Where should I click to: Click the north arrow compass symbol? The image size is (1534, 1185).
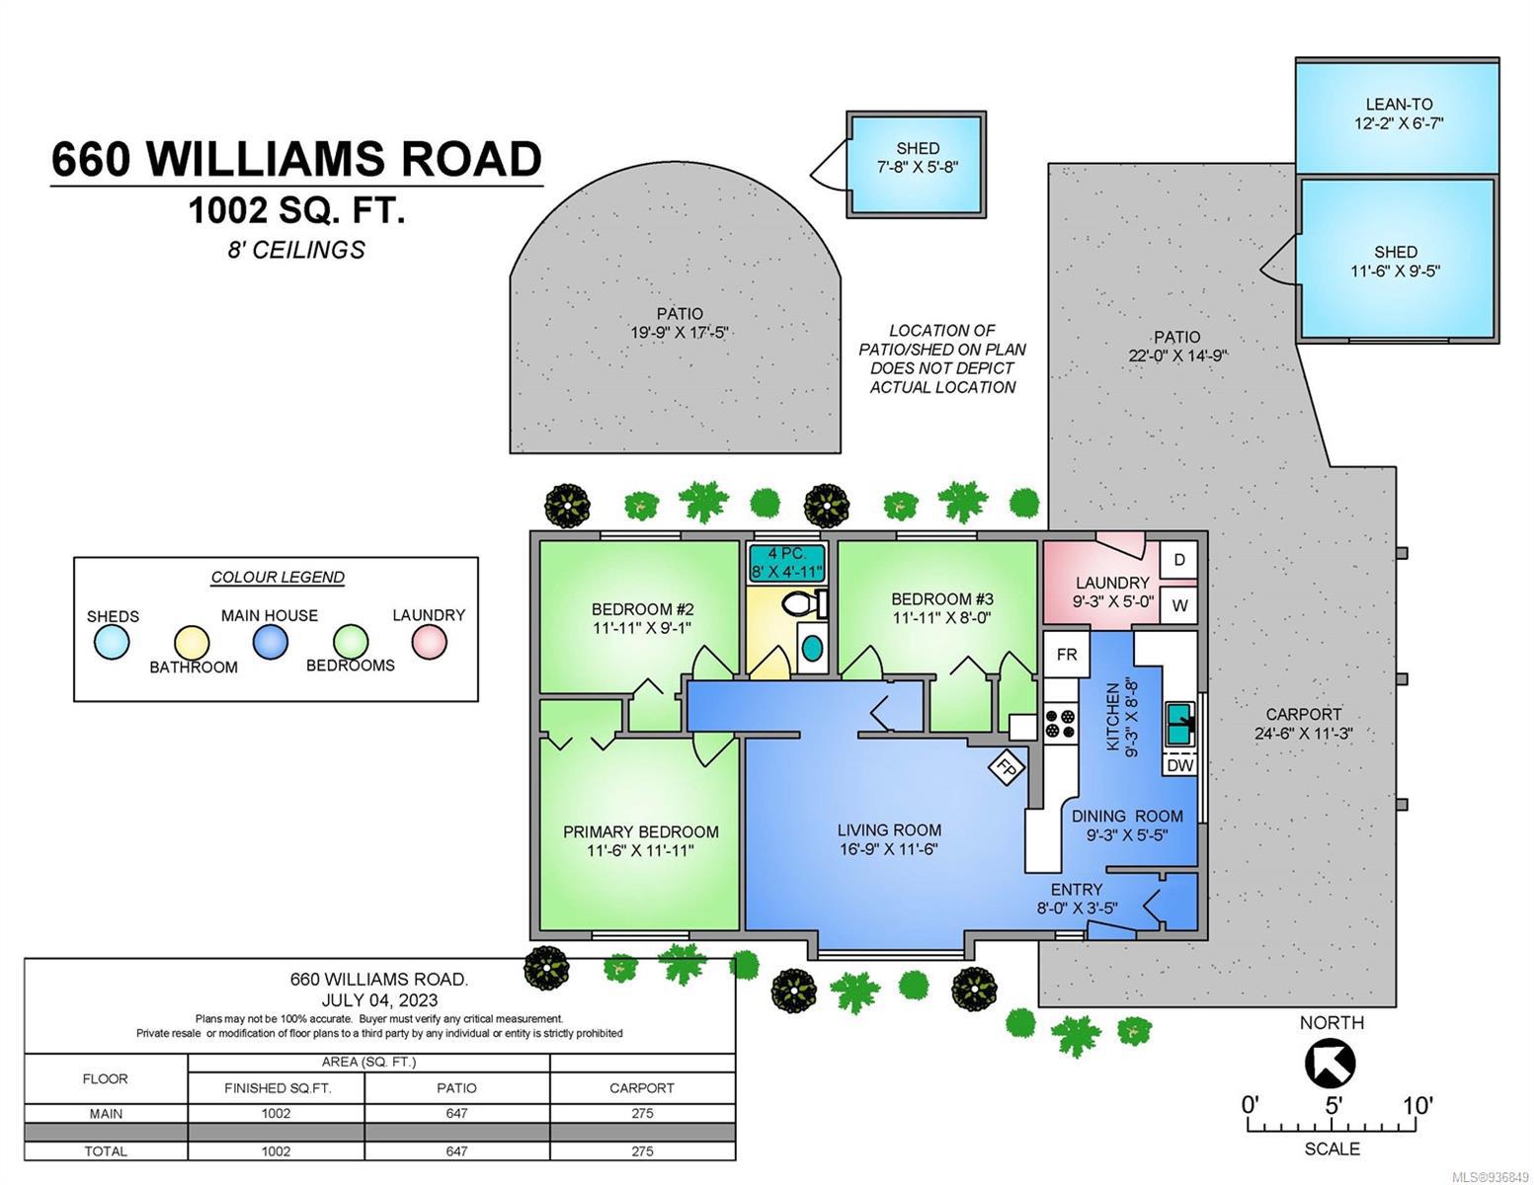point(1330,1065)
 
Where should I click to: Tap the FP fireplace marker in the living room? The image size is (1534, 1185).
point(1006,769)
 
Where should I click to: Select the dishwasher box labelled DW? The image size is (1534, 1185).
point(1179,764)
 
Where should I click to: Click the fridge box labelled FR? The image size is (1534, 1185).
point(1066,655)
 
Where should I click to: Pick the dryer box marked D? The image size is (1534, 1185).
point(1179,560)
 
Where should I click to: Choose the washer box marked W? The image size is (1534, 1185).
point(1179,604)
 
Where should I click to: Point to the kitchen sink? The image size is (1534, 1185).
point(1179,723)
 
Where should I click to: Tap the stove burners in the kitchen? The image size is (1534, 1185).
point(1060,723)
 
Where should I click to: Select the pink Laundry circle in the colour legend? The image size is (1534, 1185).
point(430,642)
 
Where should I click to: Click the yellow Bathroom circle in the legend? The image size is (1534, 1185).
point(192,644)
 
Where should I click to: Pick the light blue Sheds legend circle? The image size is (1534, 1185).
point(112,642)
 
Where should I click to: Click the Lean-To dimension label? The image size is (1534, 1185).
point(1398,123)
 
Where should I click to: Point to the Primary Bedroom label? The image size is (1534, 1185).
point(640,832)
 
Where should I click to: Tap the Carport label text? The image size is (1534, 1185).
point(1303,714)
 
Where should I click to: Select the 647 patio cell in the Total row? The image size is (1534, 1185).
point(456,1151)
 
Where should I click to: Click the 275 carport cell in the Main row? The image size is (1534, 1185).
point(642,1113)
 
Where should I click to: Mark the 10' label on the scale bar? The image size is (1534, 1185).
point(1415,1105)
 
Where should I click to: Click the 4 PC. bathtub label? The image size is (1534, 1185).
point(787,553)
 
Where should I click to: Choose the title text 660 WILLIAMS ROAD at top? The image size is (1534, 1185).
point(296,159)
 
